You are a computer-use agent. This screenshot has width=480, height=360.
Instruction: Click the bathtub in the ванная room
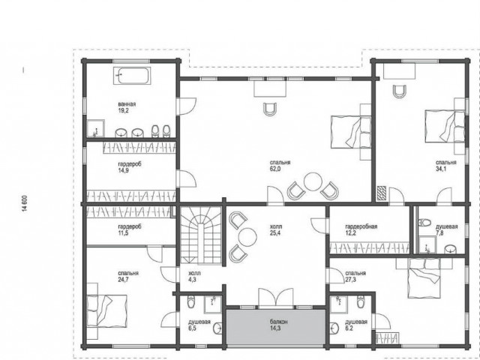tap(132, 76)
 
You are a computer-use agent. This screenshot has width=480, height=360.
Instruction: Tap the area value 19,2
tap(123, 111)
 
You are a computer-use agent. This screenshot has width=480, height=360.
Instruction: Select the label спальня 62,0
tap(280, 166)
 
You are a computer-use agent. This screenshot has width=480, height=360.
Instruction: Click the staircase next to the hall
tap(201, 235)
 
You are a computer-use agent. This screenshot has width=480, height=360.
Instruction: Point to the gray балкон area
tap(275, 327)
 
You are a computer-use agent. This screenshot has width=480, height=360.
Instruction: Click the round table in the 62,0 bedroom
tap(313, 181)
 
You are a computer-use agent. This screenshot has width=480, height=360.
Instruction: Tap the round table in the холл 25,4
tap(247, 237)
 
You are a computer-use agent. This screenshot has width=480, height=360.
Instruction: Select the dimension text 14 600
tap(25, 203)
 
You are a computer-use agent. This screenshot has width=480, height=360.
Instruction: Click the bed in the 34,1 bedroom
tap(445, 126)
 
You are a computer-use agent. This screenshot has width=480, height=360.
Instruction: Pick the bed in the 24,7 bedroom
tap(106, 311)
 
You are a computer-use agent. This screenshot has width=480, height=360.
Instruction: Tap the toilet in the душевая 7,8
tap(424, 222)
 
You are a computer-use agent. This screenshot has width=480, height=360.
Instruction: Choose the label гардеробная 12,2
tap(361, 230)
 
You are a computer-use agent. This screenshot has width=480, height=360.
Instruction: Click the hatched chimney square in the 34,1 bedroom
tap(382, 193)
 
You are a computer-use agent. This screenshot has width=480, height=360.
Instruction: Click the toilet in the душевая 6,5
tap(190, 301)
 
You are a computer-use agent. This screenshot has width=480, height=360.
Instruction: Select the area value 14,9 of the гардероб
tap(123, 171)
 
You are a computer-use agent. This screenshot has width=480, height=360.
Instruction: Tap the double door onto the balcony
tap(276, 297)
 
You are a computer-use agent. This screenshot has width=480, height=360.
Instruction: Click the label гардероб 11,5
tap(130, 230)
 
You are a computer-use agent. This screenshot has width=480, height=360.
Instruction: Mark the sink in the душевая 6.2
tap(334, 328)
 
